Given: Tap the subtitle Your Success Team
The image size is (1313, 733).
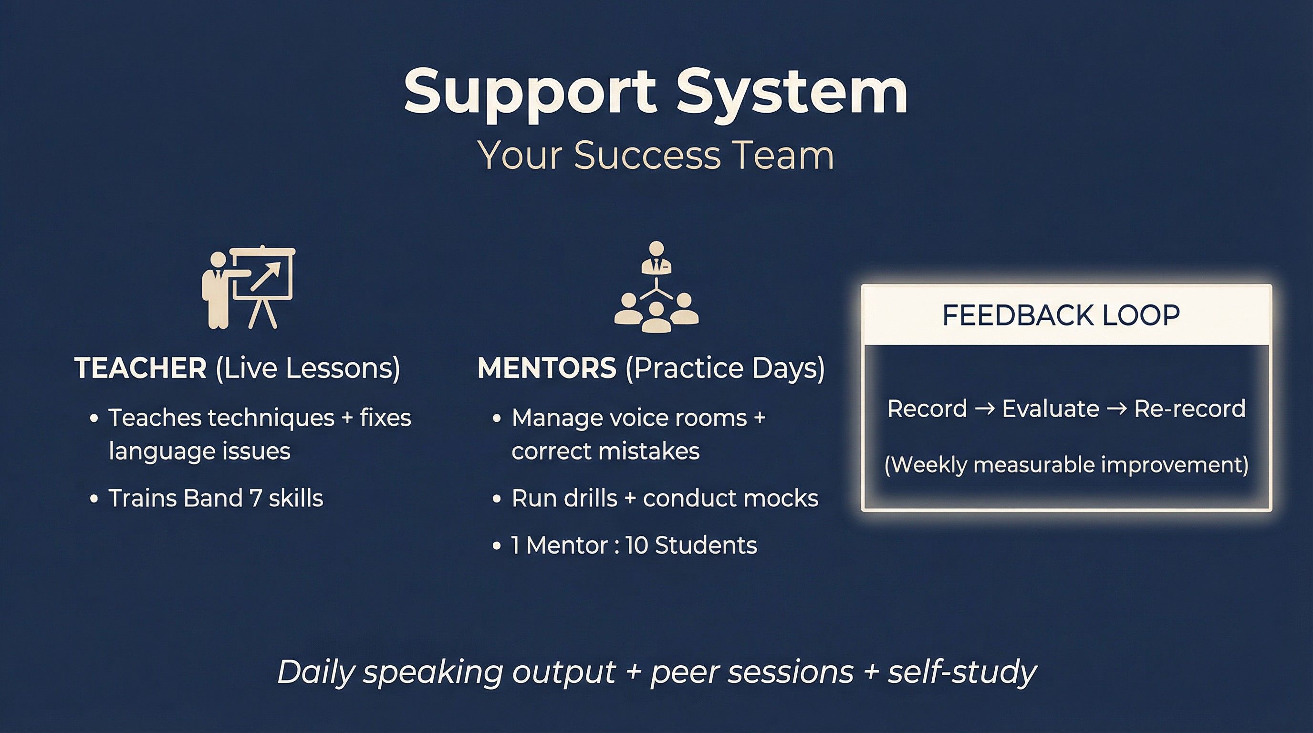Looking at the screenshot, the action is pos(656,155).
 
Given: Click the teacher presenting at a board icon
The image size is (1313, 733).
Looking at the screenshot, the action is pos(249,287).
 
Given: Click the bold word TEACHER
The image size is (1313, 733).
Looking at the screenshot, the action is pos(140,367).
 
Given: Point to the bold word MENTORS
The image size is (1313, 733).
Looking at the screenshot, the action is pos(547,367).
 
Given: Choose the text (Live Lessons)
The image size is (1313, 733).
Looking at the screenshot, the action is pos(308,368).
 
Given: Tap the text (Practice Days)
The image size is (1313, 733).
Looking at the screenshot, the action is pos(725,368).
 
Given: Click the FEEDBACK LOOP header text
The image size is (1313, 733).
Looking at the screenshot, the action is pos(1061,315).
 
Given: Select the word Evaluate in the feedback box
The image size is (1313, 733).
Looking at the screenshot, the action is pos(1051,408).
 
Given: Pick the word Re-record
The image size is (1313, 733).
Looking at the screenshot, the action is pos(1189,408).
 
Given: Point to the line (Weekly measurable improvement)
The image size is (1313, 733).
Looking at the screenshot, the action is pos(1066,465).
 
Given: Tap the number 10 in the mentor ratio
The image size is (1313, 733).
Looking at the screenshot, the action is pos(636,545).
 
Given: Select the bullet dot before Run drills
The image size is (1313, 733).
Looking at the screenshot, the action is pos(497,499).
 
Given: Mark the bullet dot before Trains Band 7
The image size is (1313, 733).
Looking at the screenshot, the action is pos(94,499).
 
